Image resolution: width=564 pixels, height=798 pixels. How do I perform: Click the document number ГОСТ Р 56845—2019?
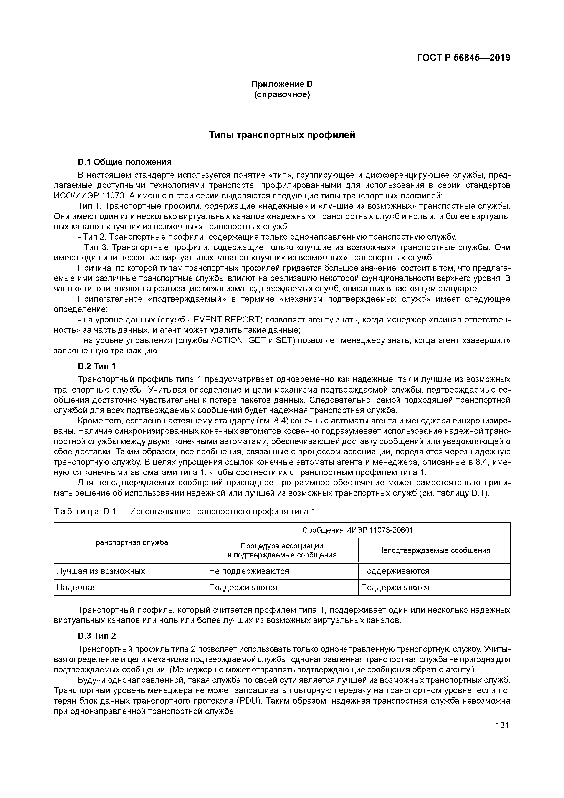pos(463,58)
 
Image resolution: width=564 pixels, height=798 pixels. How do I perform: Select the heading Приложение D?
pos(282,84)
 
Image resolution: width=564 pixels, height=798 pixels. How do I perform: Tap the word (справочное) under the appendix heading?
pos(282,94)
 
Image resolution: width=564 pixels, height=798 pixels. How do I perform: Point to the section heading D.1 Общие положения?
pos(124,162)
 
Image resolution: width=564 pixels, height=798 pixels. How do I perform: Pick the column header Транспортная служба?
pos(130,542)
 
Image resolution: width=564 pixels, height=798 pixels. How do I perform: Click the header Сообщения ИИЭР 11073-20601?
pos(358,530)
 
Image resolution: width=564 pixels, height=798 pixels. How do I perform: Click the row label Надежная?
pos(77,587)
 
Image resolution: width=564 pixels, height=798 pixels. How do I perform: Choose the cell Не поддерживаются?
pos(249,571)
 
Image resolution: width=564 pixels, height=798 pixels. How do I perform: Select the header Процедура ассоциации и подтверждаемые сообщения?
pos(282,550)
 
